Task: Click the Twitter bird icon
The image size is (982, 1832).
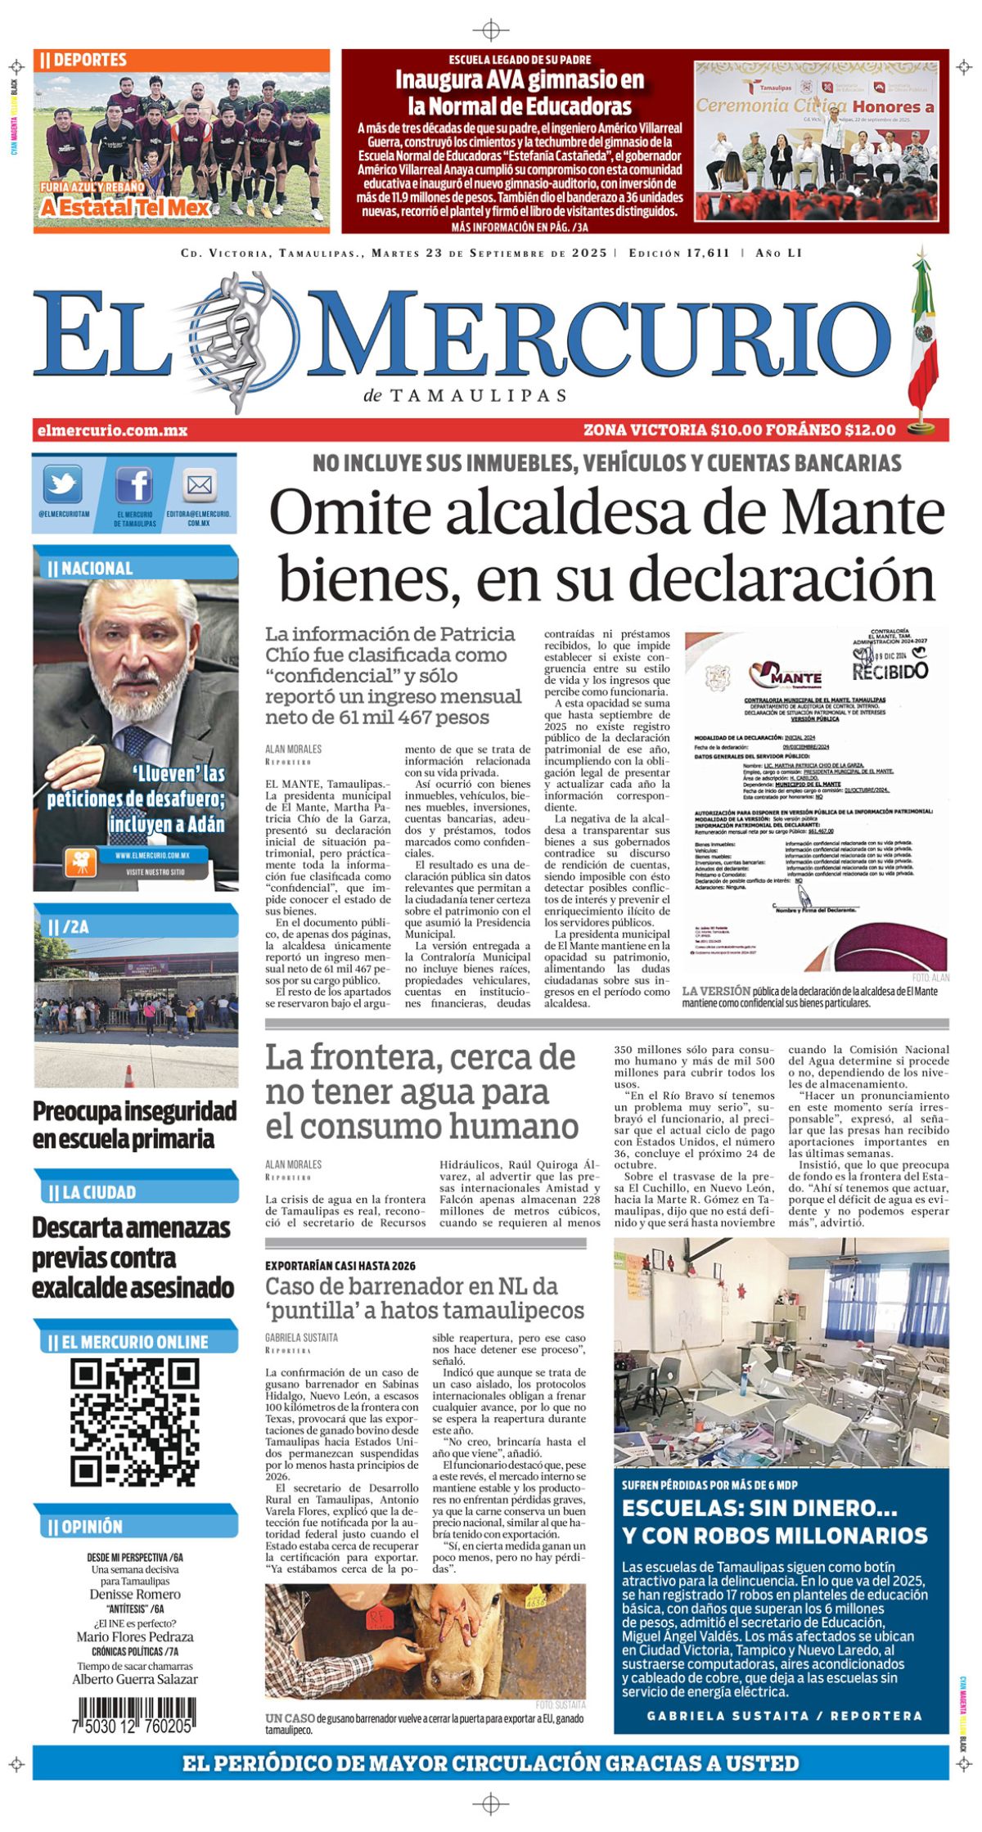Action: pos(62,484)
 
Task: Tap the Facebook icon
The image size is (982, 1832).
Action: pos(133,485)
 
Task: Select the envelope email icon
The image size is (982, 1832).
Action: pos(199,486)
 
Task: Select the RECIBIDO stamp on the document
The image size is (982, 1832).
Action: pos(890,670)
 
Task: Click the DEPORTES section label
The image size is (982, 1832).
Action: pos(83,60)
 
